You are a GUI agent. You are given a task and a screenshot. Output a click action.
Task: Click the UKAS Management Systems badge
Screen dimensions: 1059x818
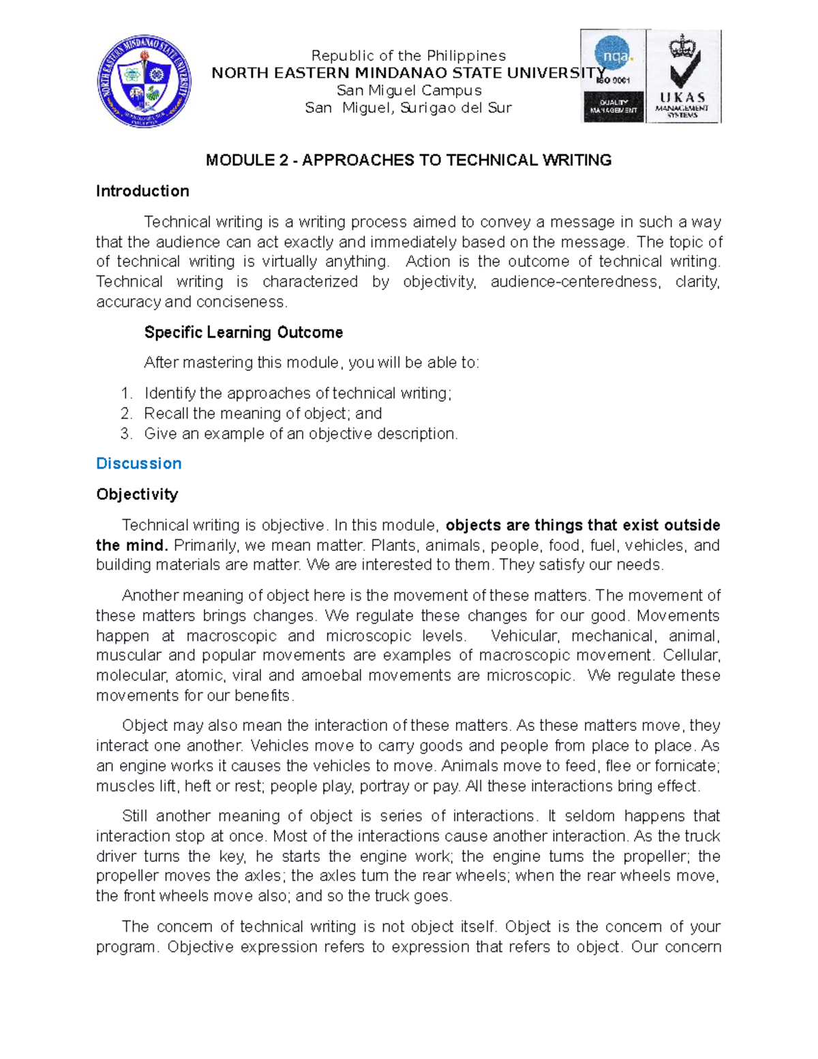[x=683, y=76]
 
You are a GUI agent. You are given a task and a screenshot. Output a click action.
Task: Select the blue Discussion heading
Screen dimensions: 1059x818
[x=139, y=464]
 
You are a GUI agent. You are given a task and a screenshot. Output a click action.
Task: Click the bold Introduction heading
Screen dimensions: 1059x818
[x=142, y=191]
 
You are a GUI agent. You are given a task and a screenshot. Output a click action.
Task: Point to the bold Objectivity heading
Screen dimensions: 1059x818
[x=137, y=494]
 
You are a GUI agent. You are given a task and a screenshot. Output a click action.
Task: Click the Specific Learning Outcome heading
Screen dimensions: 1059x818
[x=243, y=333]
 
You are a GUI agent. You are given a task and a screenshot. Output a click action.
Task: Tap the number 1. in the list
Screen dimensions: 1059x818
[x=125, y=393]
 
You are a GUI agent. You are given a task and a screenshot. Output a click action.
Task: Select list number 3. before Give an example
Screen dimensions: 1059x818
[x=125, y=434]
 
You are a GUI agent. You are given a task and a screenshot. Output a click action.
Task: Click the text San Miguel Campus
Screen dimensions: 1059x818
[x=409, y=91]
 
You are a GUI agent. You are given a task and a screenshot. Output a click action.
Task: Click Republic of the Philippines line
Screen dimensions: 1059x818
[x=408, y=56]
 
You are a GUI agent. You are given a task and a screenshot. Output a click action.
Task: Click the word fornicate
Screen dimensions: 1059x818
[x=686, y=766]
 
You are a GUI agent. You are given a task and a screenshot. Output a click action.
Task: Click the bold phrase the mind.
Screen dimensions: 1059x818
[x=132, y=546]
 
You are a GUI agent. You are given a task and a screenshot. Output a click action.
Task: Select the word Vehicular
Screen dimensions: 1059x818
[x=524, y=636]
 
